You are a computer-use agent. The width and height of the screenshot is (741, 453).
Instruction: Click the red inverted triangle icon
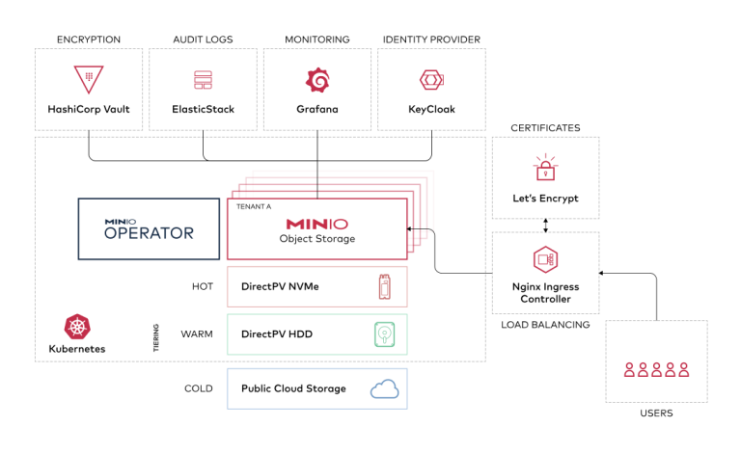[x=88, y=80]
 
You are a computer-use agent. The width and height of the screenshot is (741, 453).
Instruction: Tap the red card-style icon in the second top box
[x=203, y=80]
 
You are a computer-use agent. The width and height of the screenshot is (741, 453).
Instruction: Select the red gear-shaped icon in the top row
[x=316, y=80]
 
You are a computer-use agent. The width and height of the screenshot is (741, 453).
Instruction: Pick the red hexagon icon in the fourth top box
[x=430, y=80]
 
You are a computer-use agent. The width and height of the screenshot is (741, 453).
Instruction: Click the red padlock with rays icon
[x=545, y=169]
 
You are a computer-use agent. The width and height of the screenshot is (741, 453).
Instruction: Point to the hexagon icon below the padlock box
[x=545, y=259]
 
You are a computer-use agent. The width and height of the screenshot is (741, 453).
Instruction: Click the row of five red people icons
[x=656, y=368]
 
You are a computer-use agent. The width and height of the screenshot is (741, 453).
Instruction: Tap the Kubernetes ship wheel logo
[x=77, y=327]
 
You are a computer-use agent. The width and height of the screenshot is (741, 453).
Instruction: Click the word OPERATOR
[x=149, y=233]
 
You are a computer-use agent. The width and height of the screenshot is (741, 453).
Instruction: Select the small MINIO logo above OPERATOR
[x=120, y=222]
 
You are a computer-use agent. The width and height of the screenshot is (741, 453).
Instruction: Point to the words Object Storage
[x=317, y=239]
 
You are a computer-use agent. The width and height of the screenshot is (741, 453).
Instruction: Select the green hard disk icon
[x=385, y=334]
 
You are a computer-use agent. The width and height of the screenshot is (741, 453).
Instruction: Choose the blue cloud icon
[x=384, y=388]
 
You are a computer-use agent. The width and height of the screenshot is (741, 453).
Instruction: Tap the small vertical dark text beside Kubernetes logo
[x=155, y=337]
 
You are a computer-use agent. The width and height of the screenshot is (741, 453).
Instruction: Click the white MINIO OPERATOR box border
[x=79, y=229]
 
